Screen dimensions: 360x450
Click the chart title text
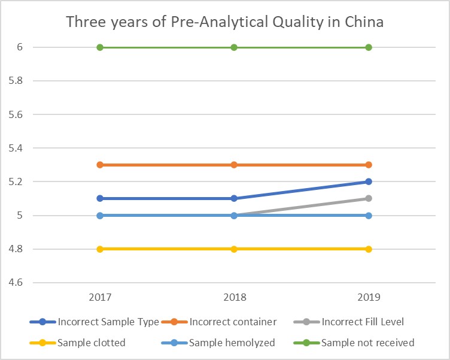pos(224,22)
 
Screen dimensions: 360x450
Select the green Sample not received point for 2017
pos(100,47)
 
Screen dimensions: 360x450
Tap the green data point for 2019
pos(369,47)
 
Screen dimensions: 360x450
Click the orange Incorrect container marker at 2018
pos(234,165)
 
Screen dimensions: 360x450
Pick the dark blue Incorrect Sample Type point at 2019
pos(369,181)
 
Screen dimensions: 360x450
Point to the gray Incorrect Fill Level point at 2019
pos(369,198)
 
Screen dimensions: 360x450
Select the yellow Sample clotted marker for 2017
pos(100,249)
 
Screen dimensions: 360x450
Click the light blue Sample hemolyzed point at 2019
pos(369,215)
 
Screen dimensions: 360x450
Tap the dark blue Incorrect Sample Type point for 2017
pos(100,198)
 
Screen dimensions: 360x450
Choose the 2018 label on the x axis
pos(234,298)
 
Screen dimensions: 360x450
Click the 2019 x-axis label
pos(369,298)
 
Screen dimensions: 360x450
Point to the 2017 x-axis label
pos(100,298)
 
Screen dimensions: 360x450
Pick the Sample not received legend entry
pos(367,343)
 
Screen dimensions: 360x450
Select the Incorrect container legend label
pos(233,322)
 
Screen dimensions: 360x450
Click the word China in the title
pos(361,22)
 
